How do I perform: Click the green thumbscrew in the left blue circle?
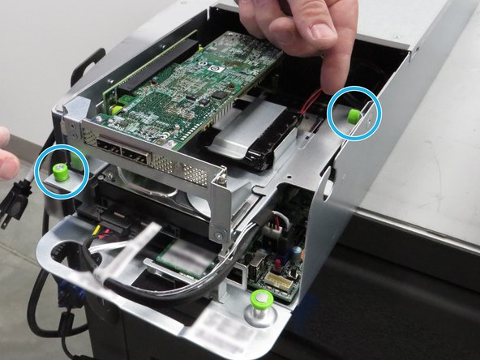pos(60,171)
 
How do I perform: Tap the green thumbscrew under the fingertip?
pos(354,115)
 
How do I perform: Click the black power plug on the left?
pos(15,198)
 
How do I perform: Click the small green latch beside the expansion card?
pos(116,109)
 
